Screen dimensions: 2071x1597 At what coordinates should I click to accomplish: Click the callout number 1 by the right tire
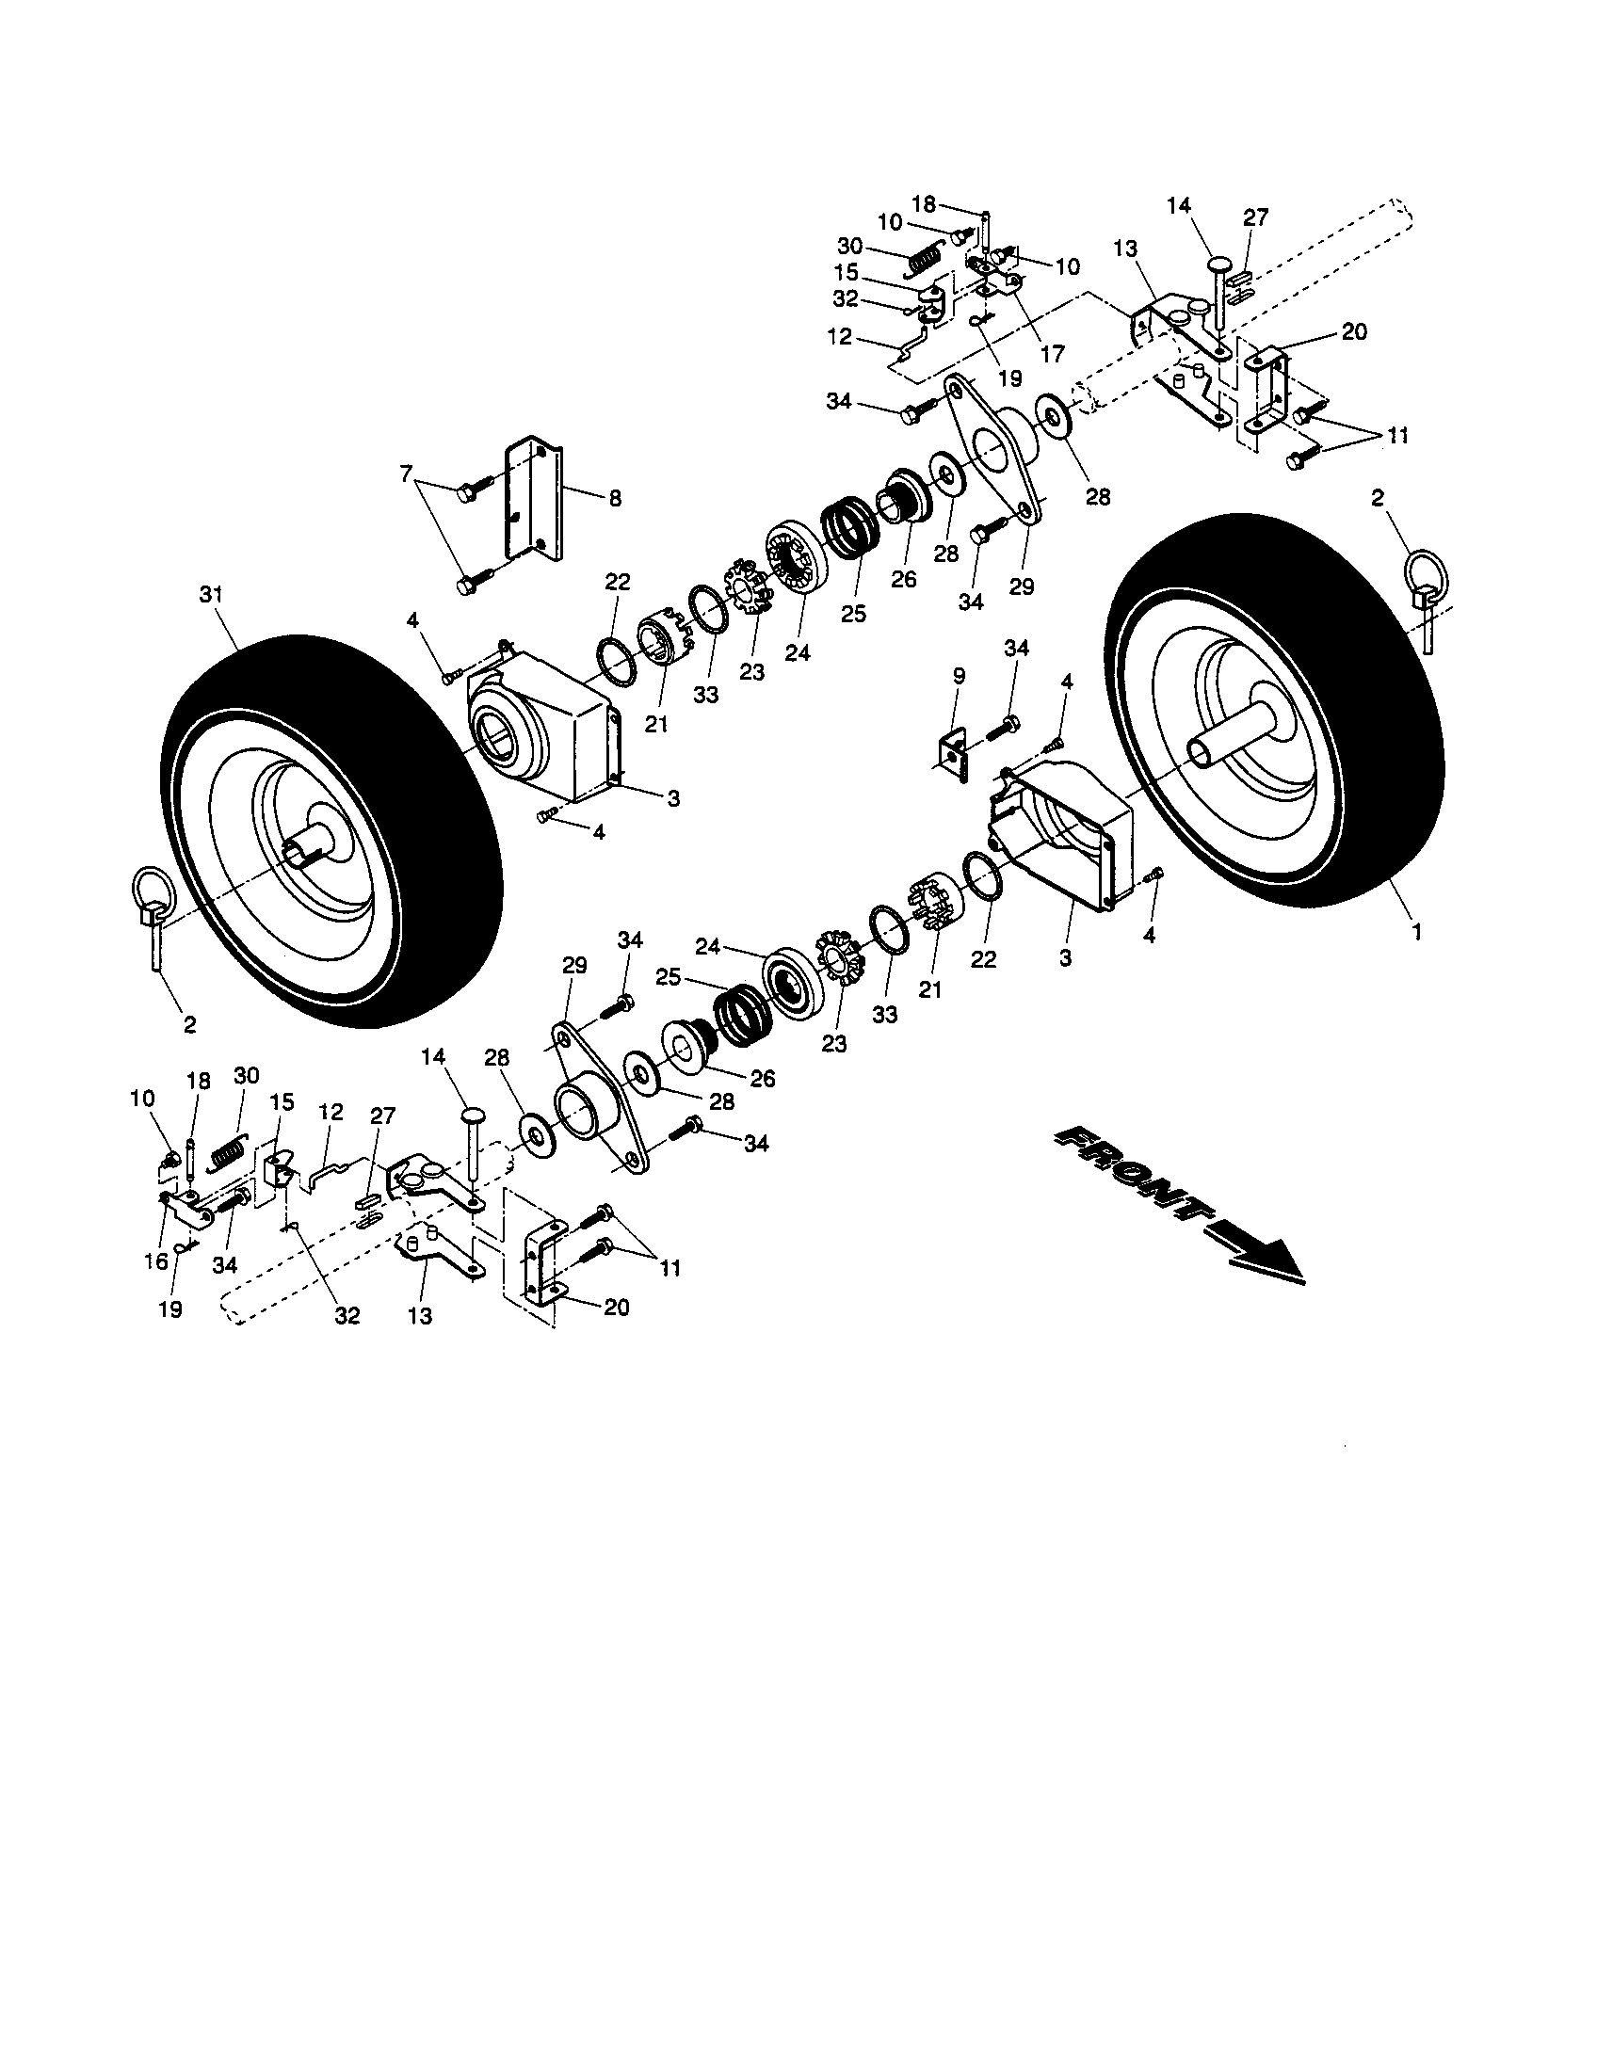pos(1416,932)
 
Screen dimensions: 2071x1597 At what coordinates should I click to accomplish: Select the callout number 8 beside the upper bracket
pos(615,498)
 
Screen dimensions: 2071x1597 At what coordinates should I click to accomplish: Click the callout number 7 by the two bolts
pos(407,474)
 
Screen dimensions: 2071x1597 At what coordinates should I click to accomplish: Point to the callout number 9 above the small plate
pos(959,676)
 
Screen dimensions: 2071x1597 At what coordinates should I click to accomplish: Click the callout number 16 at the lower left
pos(155,1260)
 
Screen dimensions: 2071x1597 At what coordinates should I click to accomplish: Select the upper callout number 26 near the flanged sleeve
pos(903,578)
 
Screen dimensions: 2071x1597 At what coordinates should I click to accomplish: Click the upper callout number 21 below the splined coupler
pos(656,726)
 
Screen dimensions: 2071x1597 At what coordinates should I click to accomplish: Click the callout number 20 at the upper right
pos(1354,332)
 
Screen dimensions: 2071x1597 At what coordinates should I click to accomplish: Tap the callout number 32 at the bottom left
pos(347,1316)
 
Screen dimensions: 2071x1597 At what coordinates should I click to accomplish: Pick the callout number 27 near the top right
pos(1254,217)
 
